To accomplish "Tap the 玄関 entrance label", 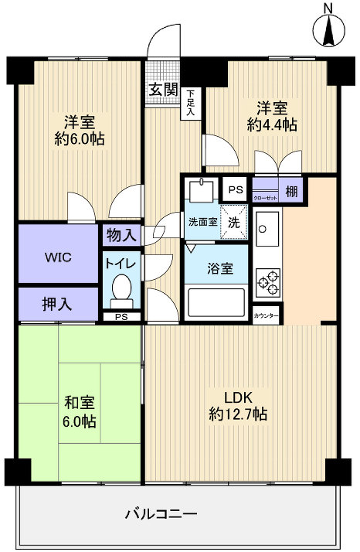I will point(161,89).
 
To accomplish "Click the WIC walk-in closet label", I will point(59,257).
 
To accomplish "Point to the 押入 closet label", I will point(57,303).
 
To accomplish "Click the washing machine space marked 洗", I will point(233,222).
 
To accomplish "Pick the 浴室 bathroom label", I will point(216,270).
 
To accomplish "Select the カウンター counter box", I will point(267,315).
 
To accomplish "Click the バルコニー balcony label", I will point(161,514).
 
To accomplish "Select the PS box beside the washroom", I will point(234,189).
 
